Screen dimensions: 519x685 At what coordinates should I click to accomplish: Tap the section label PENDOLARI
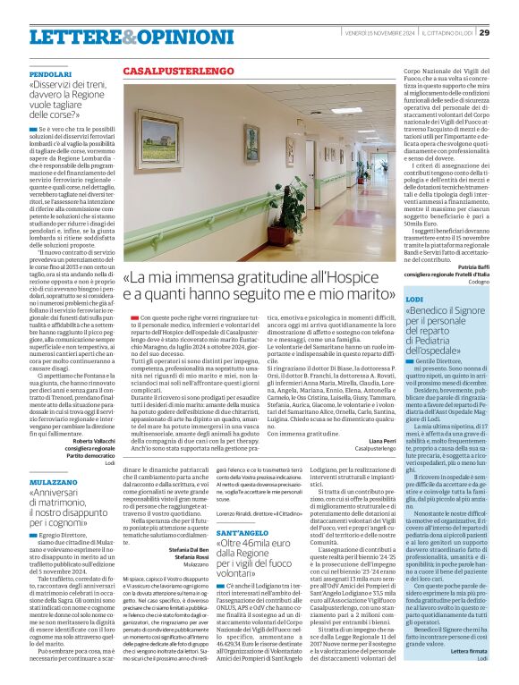[50, 73]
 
